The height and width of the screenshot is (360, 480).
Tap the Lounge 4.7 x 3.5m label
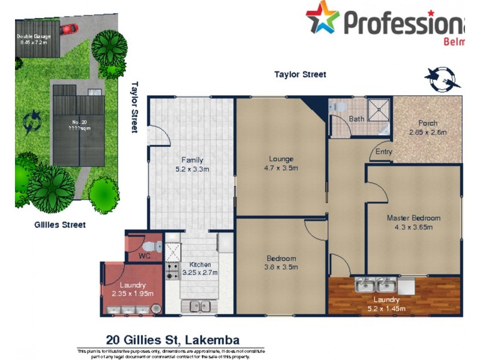281,163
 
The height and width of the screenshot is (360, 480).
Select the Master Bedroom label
413,222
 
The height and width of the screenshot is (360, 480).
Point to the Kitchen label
200,268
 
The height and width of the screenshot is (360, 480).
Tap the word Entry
384,152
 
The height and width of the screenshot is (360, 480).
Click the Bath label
356,119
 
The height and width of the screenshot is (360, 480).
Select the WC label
144,256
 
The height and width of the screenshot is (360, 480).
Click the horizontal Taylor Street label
300,74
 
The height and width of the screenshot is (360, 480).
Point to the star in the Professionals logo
323,17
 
